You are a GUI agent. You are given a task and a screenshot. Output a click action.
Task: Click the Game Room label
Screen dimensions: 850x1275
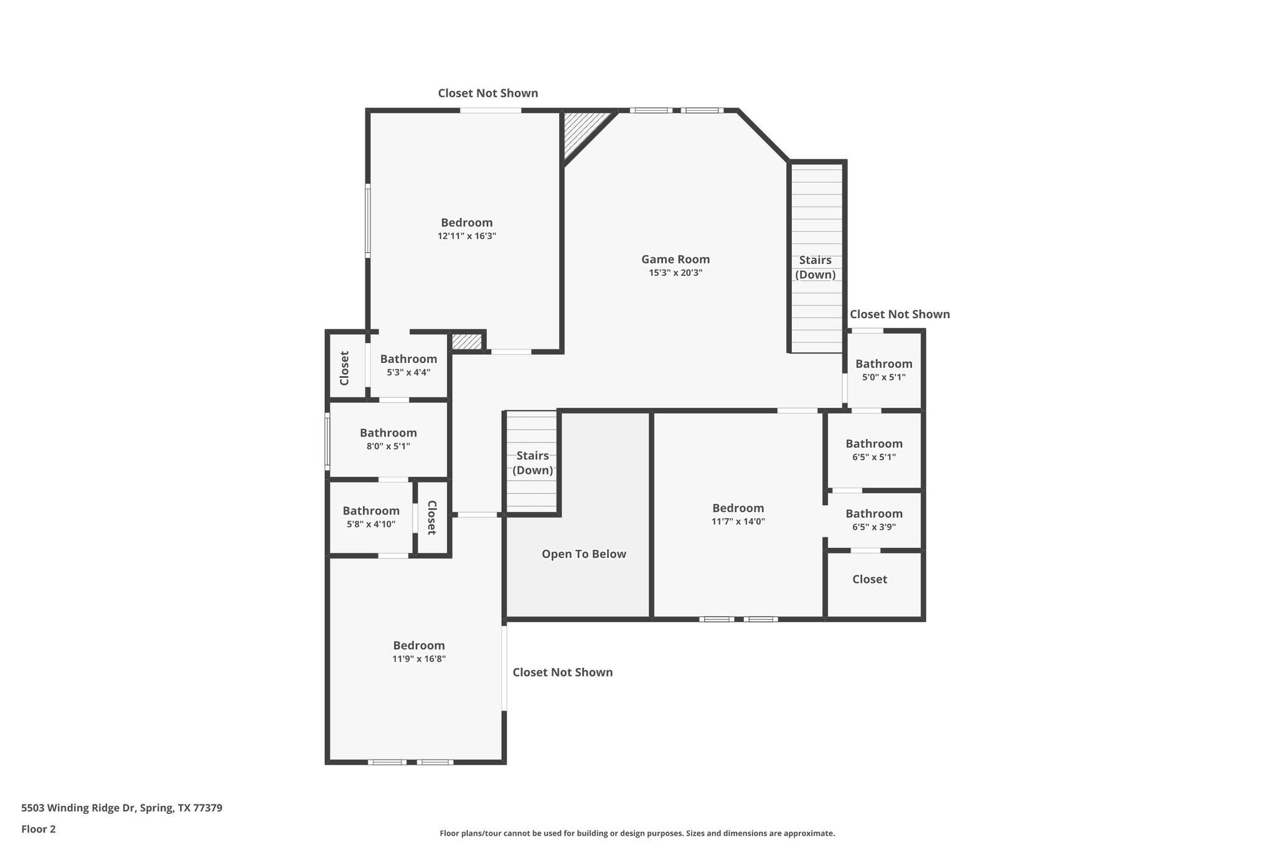(675, 259)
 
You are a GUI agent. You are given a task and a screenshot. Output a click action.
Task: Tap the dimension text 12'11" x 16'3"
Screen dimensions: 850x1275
(466, 236)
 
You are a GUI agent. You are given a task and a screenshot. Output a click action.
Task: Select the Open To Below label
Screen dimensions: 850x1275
(583, 554)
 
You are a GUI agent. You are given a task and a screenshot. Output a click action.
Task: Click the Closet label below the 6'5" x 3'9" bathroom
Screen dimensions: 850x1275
(869, 579)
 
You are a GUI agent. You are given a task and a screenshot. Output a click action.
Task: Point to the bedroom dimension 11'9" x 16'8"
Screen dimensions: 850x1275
(418, 659)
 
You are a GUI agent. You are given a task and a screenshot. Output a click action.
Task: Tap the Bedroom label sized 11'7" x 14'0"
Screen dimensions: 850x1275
(738, 508)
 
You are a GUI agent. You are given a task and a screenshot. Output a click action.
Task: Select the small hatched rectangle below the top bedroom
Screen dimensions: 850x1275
(466, 342)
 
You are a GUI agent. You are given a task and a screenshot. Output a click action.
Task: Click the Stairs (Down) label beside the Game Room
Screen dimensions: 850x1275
(815, 267)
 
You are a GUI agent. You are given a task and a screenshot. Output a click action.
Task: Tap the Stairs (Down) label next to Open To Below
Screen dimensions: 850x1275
(532, 463)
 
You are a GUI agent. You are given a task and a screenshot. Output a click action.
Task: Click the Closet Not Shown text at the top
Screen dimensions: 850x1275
(487, 93)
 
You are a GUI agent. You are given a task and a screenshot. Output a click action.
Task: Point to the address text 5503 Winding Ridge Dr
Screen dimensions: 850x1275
(121, 808)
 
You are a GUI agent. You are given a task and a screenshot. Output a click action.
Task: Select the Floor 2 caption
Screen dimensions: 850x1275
(39, 829)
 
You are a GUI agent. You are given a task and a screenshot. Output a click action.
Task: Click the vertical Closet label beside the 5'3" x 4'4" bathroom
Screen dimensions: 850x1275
(344, 367)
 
